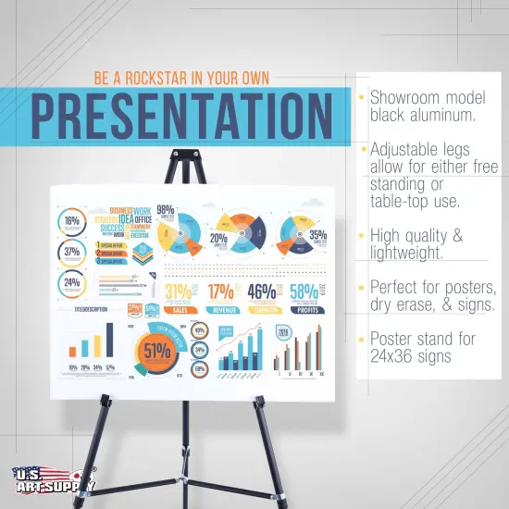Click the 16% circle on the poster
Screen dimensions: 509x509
pyautogui.click(x=72, y=221)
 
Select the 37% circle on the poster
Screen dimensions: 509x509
pyautogui.click(x=72, y=252)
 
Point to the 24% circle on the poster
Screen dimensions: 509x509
pyautogui.click(x=72, y=283)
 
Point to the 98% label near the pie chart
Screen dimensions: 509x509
pyautogui.click(x=166, y=210)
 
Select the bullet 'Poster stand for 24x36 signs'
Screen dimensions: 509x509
pyautogui.click(x=423, y=347)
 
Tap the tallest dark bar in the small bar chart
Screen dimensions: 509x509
pyautogui.click(x=112, y=339)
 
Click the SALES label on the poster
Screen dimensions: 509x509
pyautogui.click(x=180, y=312)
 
